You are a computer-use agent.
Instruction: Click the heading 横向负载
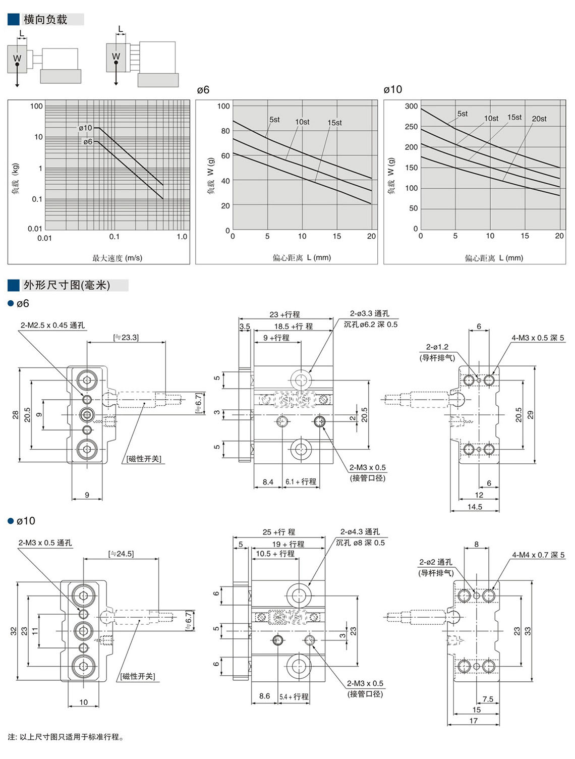click(45, 20)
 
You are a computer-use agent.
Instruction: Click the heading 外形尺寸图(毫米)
click(66, 285)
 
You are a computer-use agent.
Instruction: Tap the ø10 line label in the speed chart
click(85, 128)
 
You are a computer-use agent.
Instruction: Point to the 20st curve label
click(539, 119)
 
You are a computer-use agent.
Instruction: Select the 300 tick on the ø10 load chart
click(411, 106)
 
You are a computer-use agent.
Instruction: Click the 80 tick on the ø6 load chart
click(224, 131)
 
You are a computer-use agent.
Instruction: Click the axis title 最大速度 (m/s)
click(117, 258)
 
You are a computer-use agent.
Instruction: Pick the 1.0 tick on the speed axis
click(182, 237)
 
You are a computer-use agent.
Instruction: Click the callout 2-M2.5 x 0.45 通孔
click(52, 326)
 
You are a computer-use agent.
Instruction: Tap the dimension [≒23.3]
click(126, 337)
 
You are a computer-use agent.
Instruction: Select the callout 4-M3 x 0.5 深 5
click(538, 338)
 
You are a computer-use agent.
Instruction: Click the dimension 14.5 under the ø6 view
click(475, 507)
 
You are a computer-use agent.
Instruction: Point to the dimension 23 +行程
click(284, 314)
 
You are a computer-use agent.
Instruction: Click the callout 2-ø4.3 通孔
click(360, 532)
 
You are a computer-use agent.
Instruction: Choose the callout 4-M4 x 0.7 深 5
click(538, 555)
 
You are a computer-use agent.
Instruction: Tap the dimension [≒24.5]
click(121, 554)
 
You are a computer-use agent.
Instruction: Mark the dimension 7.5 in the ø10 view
click(488, 699)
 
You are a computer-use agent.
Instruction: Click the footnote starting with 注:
click(66, 737)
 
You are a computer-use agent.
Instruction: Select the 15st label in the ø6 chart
click(334, 123)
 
